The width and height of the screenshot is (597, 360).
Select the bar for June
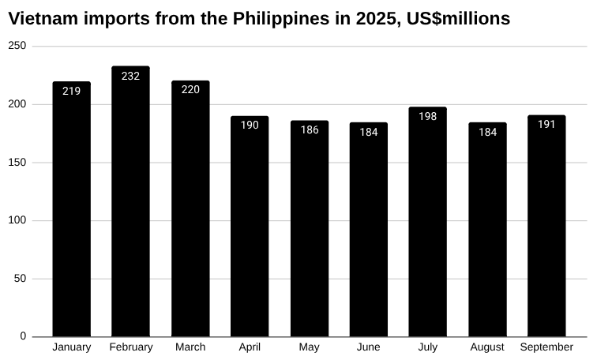(369, 229)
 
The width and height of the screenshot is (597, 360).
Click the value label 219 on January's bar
(71, 91)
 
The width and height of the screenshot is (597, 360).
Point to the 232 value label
(130, 76)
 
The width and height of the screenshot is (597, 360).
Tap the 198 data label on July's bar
(428, 116)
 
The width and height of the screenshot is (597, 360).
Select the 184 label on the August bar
(487, 132)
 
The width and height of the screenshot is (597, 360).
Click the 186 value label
(310, 129)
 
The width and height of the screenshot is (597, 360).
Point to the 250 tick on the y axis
(17, 47)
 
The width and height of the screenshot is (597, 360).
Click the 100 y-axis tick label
(17, 220)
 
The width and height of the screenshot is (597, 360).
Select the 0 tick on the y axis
(23, 336)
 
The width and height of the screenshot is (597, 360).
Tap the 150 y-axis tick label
(17, 163)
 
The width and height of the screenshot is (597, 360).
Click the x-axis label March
(190, 347)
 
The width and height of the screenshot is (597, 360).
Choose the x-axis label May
(310, 347)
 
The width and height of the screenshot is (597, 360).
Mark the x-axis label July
(428, 347)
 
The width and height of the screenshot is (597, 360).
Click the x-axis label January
(71, 347)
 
